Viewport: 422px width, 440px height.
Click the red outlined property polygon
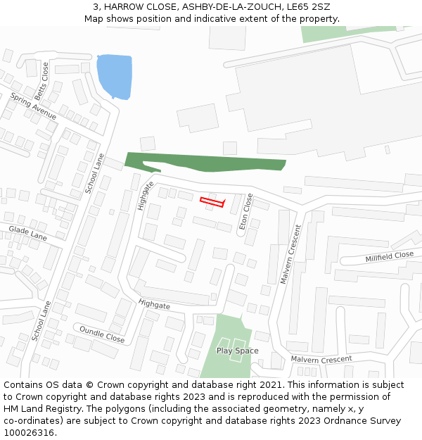(x=212, y=202)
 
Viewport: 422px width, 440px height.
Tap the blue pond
(x=114, y=76)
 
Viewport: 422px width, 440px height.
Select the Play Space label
(x=237, y=351)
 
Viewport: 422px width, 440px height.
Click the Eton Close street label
(x=246, y=211)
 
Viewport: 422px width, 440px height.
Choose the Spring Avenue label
(x=33, y=106)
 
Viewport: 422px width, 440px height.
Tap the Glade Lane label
(x=27, y=234)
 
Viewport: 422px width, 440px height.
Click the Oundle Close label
(x=101, y=334)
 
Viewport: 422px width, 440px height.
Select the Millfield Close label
(x=389, y=257)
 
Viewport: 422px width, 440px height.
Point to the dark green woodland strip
(x=211, y=163)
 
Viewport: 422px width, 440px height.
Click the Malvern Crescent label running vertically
(x=290, y=254)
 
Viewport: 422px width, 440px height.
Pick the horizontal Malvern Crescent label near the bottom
(x=321, y=359)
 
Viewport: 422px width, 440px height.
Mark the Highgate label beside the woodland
(x=146, y=196)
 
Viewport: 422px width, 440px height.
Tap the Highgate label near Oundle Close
(x=154, y=305)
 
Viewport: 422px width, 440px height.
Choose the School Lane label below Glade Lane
(x=41, y=321)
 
